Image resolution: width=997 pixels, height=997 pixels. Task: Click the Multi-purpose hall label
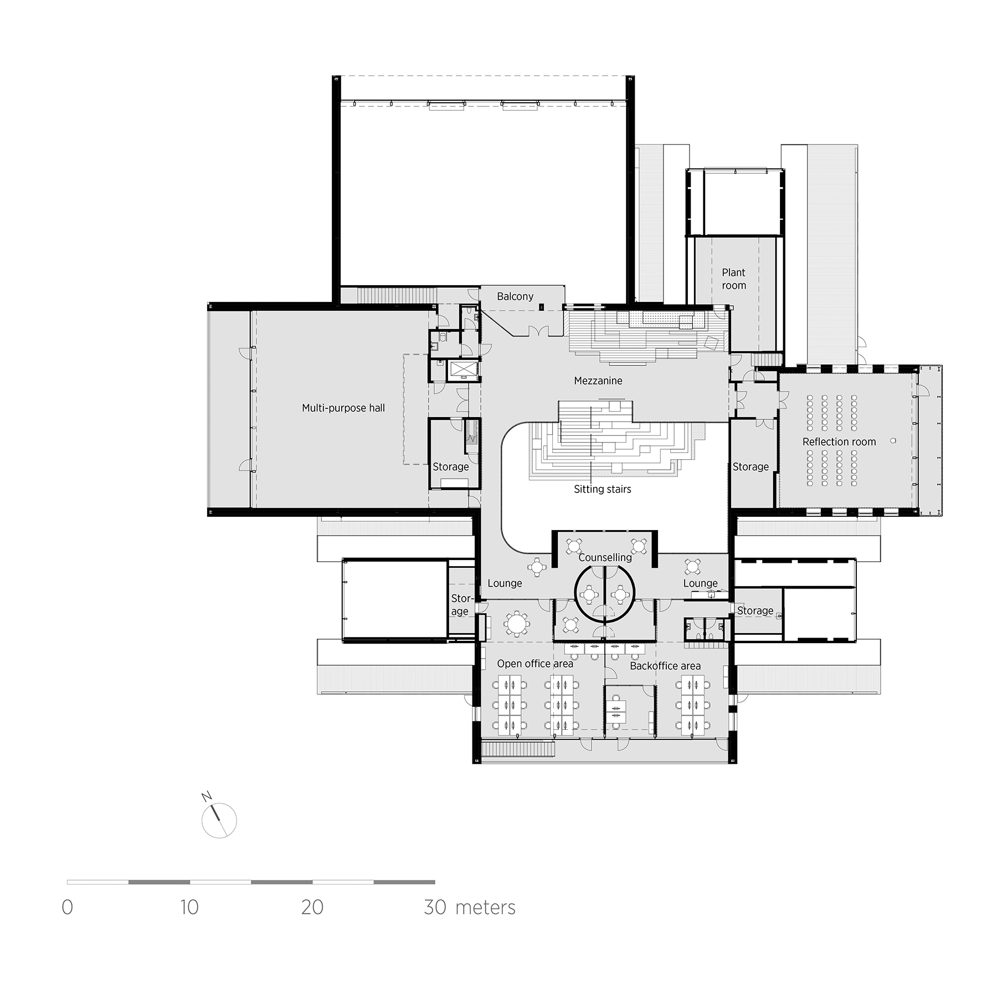click(343, 408)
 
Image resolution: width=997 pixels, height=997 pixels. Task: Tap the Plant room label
click(733, 279)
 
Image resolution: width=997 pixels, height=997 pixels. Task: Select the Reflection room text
click(839, 442)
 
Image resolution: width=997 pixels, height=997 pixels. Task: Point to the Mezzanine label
click(598, 381)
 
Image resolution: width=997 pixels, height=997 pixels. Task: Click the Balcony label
click(515, 297)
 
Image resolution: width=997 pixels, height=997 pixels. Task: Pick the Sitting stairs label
click(602, 490)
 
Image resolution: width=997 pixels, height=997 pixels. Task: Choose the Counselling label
click(605, 558)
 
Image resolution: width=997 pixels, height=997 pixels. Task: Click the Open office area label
click(535, 664)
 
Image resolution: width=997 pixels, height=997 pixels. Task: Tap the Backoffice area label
click(665, 666)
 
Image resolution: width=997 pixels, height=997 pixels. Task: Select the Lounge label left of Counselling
click(505, 583)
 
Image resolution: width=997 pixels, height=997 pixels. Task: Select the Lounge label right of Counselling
click(700, 583)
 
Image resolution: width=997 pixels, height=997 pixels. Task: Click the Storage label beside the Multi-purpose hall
click(450, 467)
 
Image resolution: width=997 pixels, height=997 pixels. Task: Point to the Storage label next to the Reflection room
click(751, 467)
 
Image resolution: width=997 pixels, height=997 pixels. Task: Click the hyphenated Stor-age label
click(461, 605)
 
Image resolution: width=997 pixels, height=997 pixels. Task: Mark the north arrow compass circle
click(219, 821)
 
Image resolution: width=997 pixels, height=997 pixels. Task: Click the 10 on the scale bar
click(189, 907)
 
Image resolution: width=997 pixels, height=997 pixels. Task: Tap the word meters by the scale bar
click(485, 907)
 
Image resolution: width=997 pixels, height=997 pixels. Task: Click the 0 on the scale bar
click(68, 907)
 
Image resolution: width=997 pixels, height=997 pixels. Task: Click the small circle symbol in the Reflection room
click(893, 441)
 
